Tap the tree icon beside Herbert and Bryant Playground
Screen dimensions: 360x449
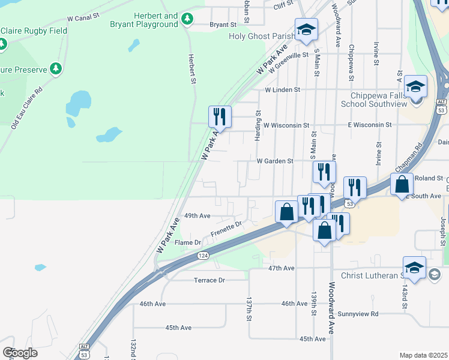pos(187,19)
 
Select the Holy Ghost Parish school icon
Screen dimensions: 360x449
pos(306,29)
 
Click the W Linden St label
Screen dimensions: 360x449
pos(282,89)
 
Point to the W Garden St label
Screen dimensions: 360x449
pos(274,161)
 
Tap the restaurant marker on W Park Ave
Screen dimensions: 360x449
pos(220,116)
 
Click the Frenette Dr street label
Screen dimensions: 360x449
pos(226,224)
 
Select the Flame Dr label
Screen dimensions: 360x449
pos(187,242)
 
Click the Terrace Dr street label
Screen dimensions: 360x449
pos(209,280)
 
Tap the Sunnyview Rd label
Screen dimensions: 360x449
pos(358,314)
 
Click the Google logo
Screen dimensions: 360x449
pos(20,353)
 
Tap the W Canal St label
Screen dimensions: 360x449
pos(83,19)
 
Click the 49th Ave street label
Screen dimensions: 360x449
pos(197,215)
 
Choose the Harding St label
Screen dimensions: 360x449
pos(258,125)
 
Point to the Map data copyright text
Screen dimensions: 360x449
pos(424,355)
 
